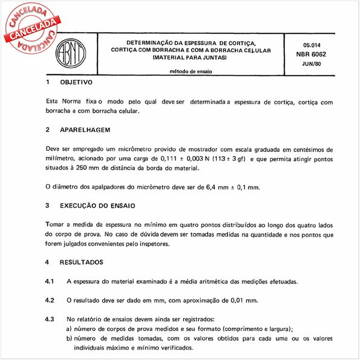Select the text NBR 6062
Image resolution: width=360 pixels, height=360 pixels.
point(314,54)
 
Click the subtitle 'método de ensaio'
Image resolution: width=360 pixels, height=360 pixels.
point(190,71)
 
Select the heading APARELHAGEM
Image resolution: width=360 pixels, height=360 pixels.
point(85,129)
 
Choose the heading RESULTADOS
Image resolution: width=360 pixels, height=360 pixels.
point(82,263)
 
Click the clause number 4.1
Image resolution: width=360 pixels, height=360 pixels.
point(50,281)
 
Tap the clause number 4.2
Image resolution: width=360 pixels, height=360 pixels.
point(50,300)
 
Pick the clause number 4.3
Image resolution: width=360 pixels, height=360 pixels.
point(50,319)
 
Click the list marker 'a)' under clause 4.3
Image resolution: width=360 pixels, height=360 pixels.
point(70,329)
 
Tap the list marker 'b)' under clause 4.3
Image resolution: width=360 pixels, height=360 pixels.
point(70,339)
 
